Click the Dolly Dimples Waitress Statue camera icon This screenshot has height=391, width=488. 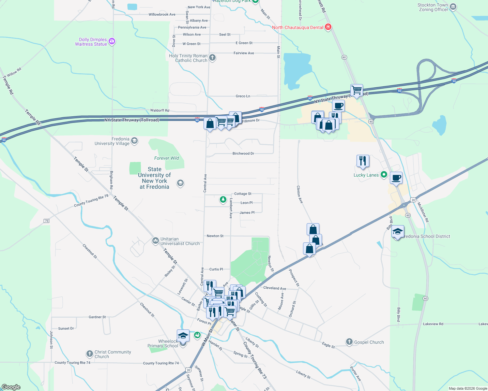112,41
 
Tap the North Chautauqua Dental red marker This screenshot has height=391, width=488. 328,27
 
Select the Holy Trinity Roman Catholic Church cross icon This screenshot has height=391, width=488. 212,58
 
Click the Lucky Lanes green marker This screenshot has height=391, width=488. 384,175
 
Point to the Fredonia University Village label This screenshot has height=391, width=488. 112,141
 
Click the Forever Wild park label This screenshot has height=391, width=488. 166,158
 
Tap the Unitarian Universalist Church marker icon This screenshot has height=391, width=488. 156,241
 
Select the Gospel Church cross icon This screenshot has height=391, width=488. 349,342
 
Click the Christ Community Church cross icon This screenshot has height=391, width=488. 90,354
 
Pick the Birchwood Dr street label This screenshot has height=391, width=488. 243,153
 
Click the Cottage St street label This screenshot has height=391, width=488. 243,194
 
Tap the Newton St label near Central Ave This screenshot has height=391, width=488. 215,236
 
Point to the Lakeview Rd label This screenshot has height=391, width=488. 433,324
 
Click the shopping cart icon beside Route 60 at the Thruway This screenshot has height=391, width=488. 357,90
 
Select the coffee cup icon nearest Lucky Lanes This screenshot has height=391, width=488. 396,178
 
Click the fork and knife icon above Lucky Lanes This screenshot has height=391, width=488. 363,161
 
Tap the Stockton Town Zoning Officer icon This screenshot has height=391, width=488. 453,7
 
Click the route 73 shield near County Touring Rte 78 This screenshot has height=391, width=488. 47,221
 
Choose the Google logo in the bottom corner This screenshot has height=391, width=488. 11,387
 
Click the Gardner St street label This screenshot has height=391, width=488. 97,317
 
